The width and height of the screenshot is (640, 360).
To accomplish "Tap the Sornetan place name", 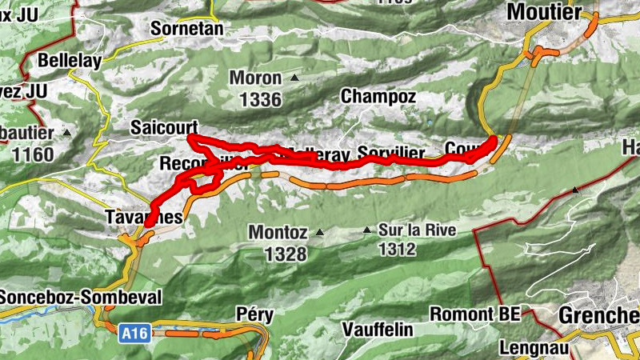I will click(x=186, y=29).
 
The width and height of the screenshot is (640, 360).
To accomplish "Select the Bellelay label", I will click(x=71, y=60).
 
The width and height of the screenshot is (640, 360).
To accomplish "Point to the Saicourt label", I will click(x=164, y=127).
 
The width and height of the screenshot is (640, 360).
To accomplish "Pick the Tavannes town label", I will click(x=144, y=218).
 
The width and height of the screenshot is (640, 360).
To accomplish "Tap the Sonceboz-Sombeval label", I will click(x=80, y=298).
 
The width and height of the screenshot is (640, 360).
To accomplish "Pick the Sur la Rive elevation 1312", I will click(x=398, y=250).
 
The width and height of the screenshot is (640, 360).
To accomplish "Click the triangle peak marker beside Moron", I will click(x=295, y=78).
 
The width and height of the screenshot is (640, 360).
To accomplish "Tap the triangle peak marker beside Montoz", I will click(x=320, y=233).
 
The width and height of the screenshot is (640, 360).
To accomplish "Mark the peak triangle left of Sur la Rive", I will click(x=367, y=230).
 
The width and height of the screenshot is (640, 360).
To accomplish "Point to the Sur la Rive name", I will click(x=418, y=230).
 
